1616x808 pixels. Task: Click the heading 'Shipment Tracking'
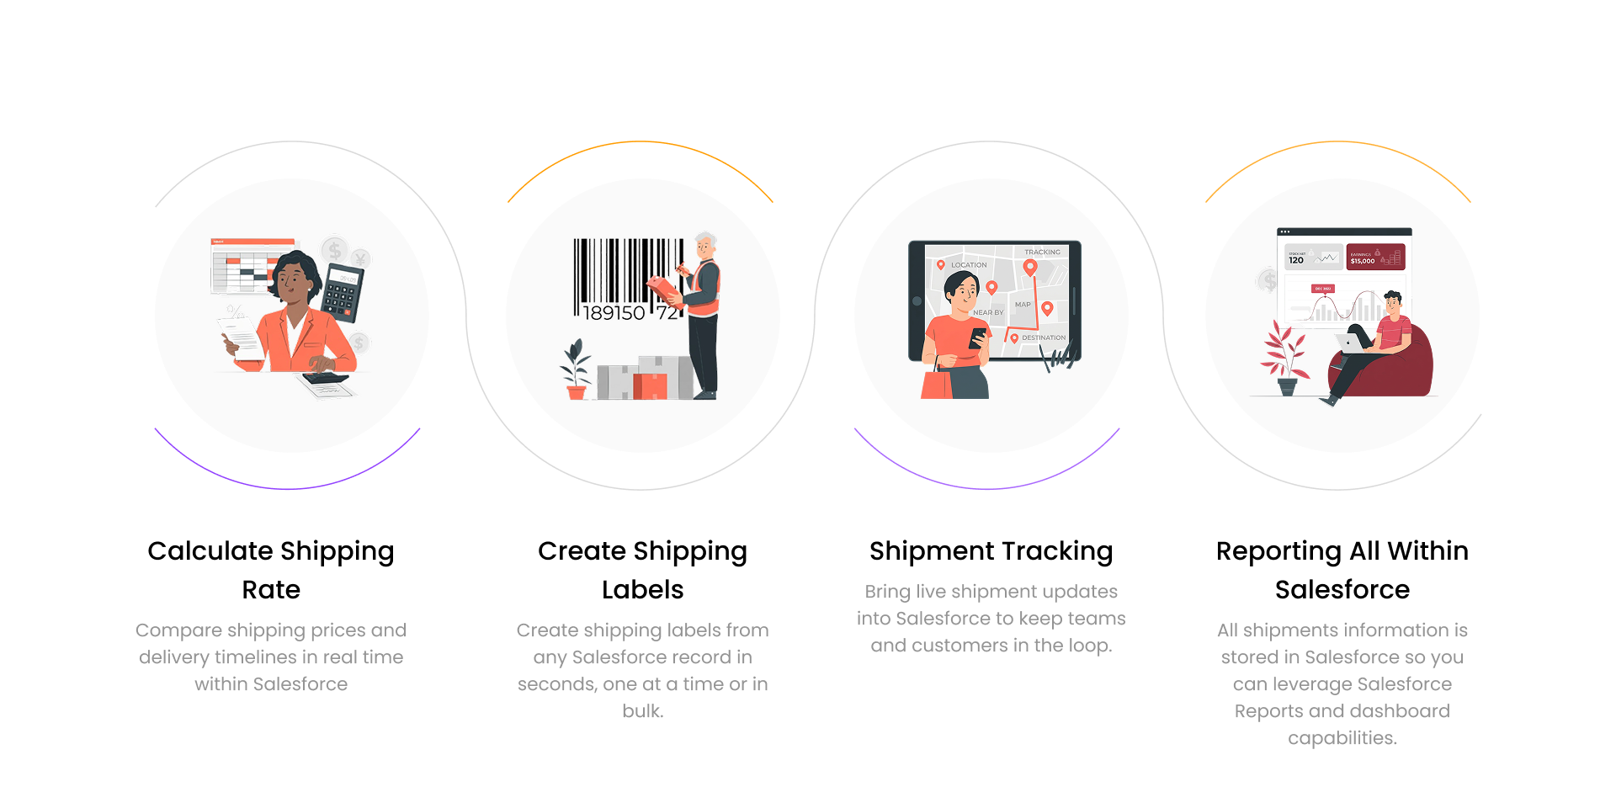[991, 551]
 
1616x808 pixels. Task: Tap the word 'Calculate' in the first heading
[210, 550]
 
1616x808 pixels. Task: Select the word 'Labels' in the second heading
[642, 589]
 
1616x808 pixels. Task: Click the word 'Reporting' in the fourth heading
[1278, 552]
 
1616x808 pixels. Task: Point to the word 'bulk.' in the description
[642, 710]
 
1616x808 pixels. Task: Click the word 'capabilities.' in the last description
[1342, 738]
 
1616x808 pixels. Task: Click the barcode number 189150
[614, 313]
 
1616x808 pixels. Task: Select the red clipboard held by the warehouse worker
[664, 290]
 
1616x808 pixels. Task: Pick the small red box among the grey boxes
[650, 386]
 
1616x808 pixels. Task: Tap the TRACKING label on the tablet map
[1042, 252]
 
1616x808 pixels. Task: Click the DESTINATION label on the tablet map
[1044, 338]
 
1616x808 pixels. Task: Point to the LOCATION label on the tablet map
[969, 265]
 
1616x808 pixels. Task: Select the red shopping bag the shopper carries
[937, 383]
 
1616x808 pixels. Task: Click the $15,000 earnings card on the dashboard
[1375, 257]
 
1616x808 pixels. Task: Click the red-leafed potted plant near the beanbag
[1284, 358]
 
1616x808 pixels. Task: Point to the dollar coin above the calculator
[335, 249]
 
